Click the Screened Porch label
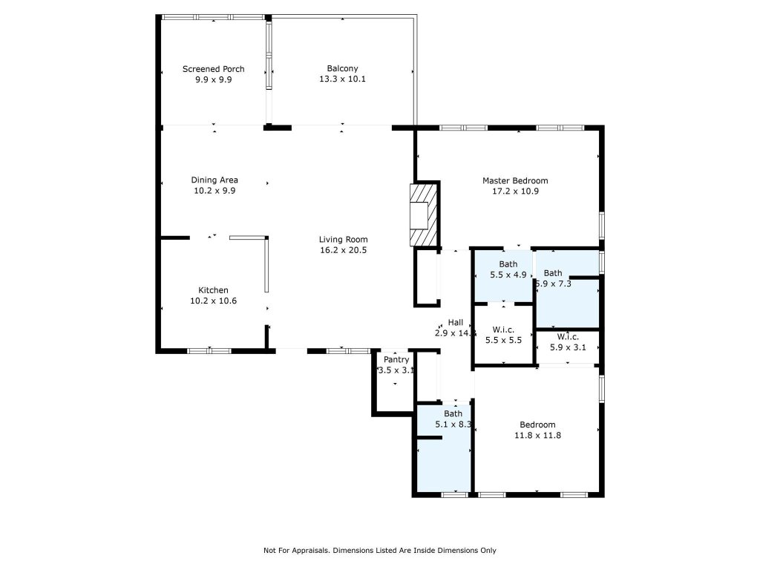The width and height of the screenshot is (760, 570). (213, 69)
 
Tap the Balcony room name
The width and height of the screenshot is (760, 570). (342, 69)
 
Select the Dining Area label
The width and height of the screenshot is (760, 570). (214, 180)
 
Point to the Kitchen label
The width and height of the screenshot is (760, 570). (213, 290)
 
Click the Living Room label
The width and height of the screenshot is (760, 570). (343, 240)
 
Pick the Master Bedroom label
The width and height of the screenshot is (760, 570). (515, 180)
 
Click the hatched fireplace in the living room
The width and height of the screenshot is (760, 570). (425, 214)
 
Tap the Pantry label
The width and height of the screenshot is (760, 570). (396, 360)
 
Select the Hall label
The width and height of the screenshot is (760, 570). (455, 323)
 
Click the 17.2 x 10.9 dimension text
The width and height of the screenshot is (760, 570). (515, 191)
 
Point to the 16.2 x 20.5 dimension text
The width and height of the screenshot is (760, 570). (343, 250)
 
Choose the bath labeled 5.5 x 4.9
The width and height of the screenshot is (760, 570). (508, 269)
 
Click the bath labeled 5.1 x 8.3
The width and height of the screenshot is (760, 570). (453, 419)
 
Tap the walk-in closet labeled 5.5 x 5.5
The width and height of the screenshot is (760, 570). (503, 334)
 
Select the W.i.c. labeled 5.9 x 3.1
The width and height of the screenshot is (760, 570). (568, 341)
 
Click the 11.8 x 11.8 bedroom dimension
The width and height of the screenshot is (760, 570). (537, 436)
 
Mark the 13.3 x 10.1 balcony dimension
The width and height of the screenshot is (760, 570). (342, 79)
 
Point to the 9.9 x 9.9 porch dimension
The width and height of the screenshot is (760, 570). (213, 79)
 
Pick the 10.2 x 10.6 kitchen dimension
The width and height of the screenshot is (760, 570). (213, 301)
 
